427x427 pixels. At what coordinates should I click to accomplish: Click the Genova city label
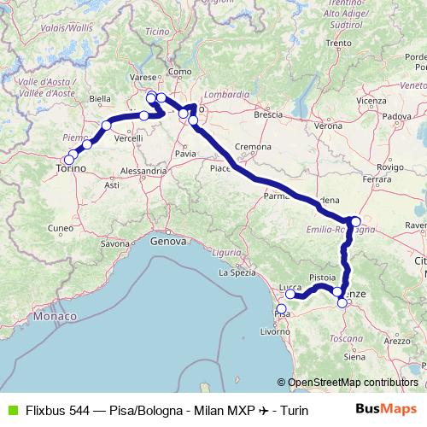coord(167,242)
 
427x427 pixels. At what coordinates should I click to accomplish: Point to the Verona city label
coord(329,126)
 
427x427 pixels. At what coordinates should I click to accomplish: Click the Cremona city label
coord(254,148)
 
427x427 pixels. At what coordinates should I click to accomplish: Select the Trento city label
coord(338,43)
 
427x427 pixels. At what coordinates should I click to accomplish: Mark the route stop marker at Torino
coord(68,158)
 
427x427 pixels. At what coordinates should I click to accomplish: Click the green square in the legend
coord(12,411)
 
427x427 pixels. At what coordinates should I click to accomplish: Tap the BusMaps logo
coord(390,410)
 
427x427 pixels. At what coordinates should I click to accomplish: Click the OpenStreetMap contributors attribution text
coord(354,382)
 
